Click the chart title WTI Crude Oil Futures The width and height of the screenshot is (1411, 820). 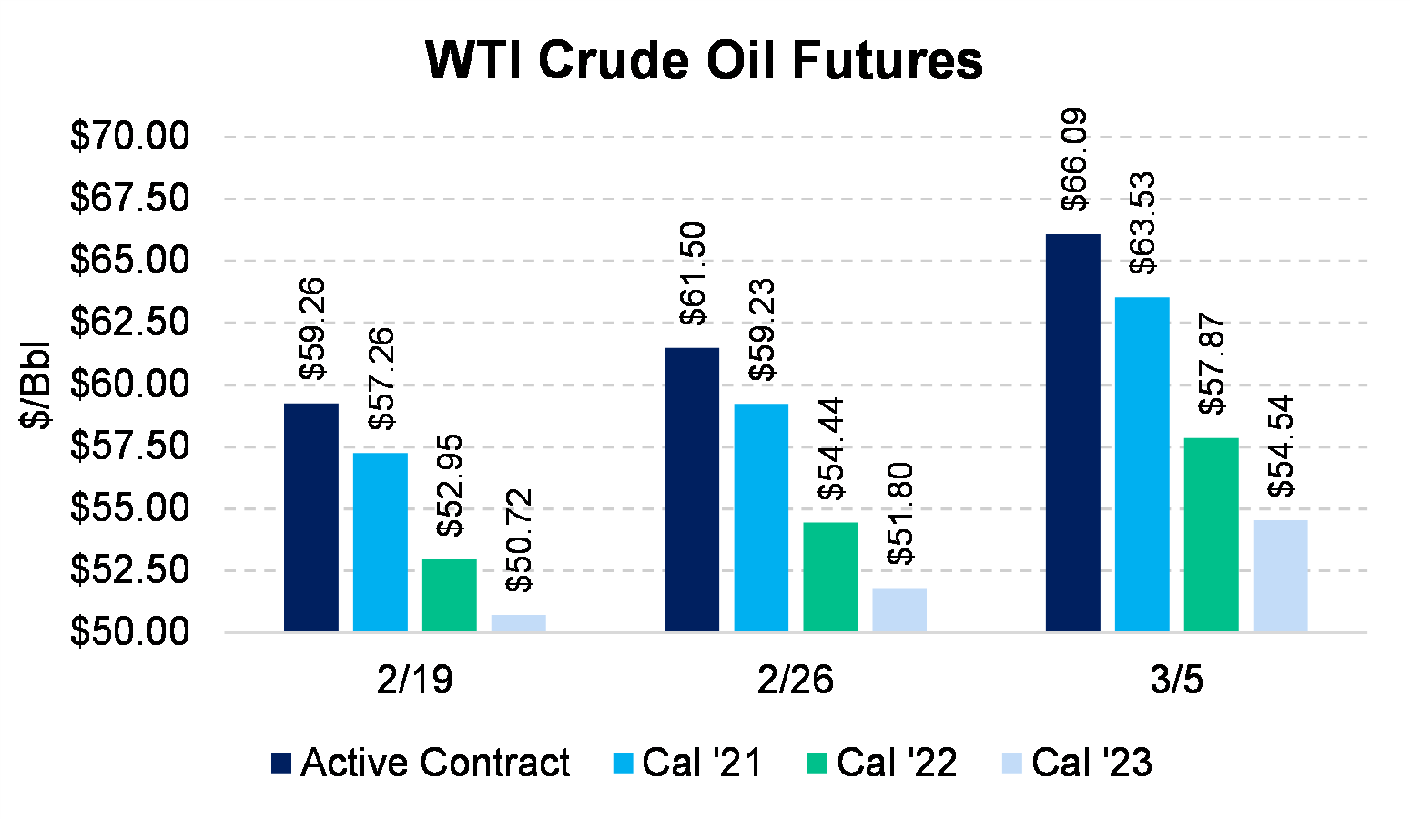click(x=704, y=61)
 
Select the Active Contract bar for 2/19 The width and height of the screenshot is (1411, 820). click(x=311, y=518)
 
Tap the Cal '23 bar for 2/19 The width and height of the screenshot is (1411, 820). click(x=519, y=623)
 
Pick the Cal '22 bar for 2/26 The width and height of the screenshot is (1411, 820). click(x=830, y=577)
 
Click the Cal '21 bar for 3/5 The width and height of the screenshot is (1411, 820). click(x=1142, y=465)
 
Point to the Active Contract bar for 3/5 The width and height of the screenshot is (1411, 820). click(x=1072, y=433)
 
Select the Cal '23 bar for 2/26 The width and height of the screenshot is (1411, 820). click(x=899, y=610)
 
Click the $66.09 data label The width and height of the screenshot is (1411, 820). click(x=1074, y=160)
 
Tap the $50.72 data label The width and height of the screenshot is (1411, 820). click(x=520, y=540)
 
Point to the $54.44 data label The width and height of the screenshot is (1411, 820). click(x=831, y=449)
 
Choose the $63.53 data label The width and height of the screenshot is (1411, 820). click(x=1142, y=223)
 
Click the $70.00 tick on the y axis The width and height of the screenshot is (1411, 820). click(x=129, y=137)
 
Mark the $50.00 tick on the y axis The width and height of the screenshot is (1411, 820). click(x=129, y=631)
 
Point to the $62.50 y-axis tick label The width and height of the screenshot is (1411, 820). click(x=129, y=323)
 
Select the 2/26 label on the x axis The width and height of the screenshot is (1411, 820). click(x=795, y=681)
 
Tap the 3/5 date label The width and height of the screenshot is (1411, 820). click(x=1176, y=681)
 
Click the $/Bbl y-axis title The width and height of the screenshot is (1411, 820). click(x=37, y=384)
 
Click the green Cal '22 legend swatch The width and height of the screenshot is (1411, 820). click(x=817, y=764)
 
